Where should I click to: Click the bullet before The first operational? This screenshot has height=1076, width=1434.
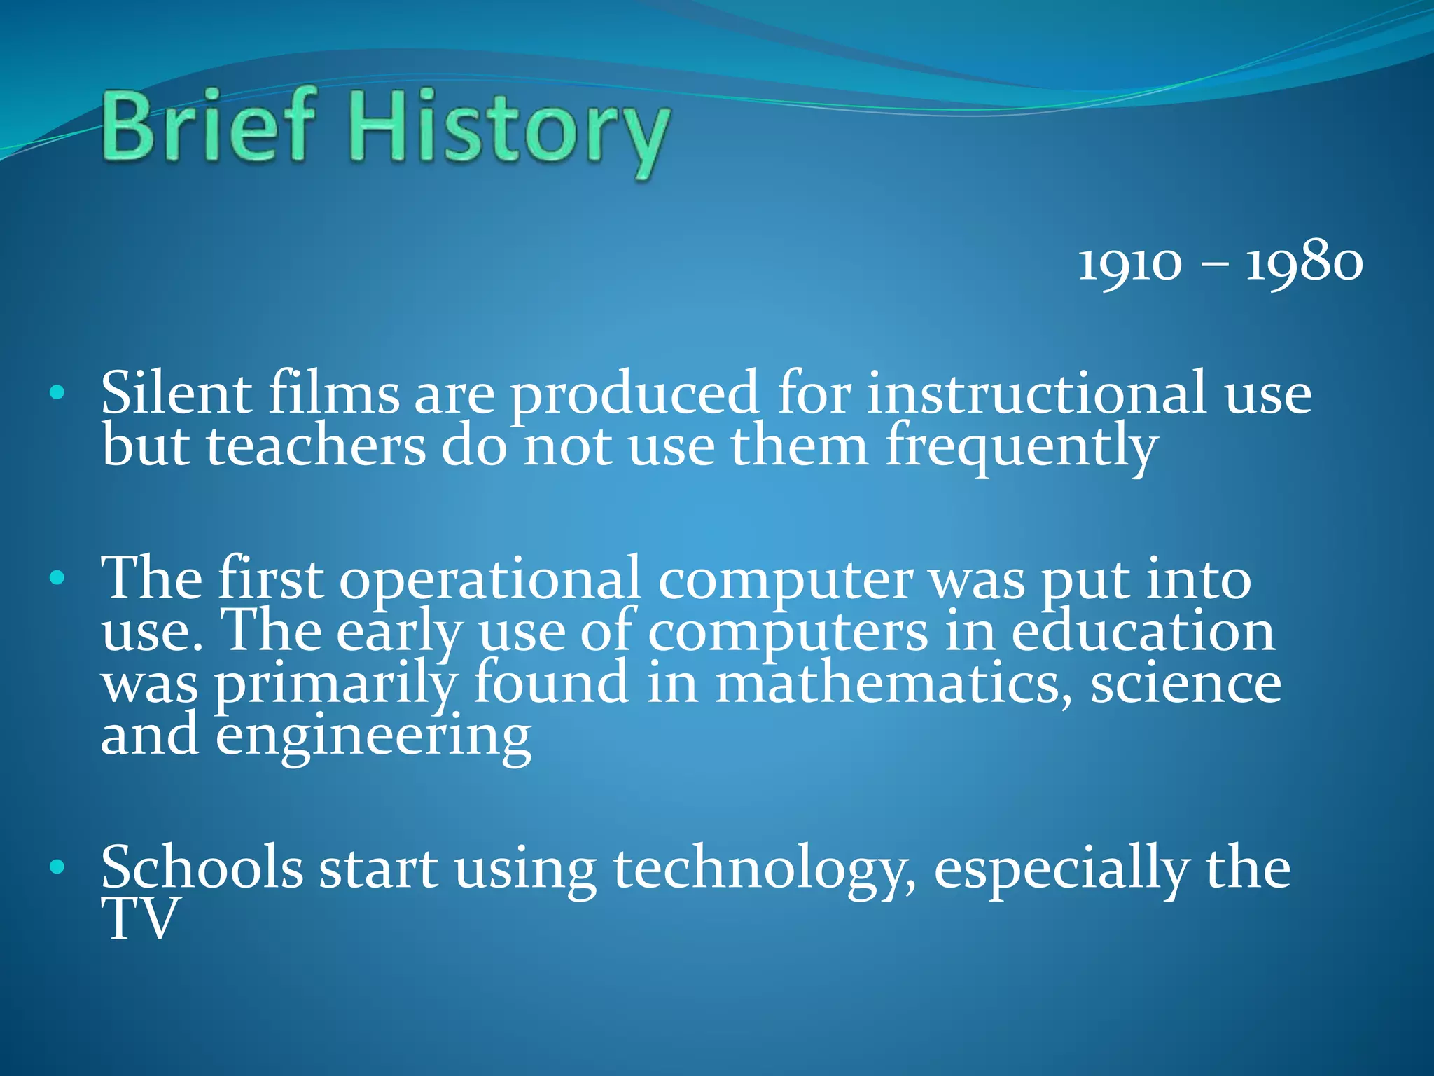click(57, 579)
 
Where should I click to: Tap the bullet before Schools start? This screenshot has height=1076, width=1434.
click(57, 868)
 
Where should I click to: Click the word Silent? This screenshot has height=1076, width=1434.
click(176, 393)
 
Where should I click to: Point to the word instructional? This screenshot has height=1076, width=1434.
click(1037, 393)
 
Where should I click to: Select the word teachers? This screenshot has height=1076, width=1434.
click(315, 446)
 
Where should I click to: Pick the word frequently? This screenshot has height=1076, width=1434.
click(1022, 448)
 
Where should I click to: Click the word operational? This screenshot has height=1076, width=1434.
click(490, 580)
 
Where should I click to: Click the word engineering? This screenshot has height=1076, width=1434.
click(373, 738)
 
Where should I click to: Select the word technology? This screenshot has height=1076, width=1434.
click(763, 871)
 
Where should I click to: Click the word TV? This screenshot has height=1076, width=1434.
click(139, 919)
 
